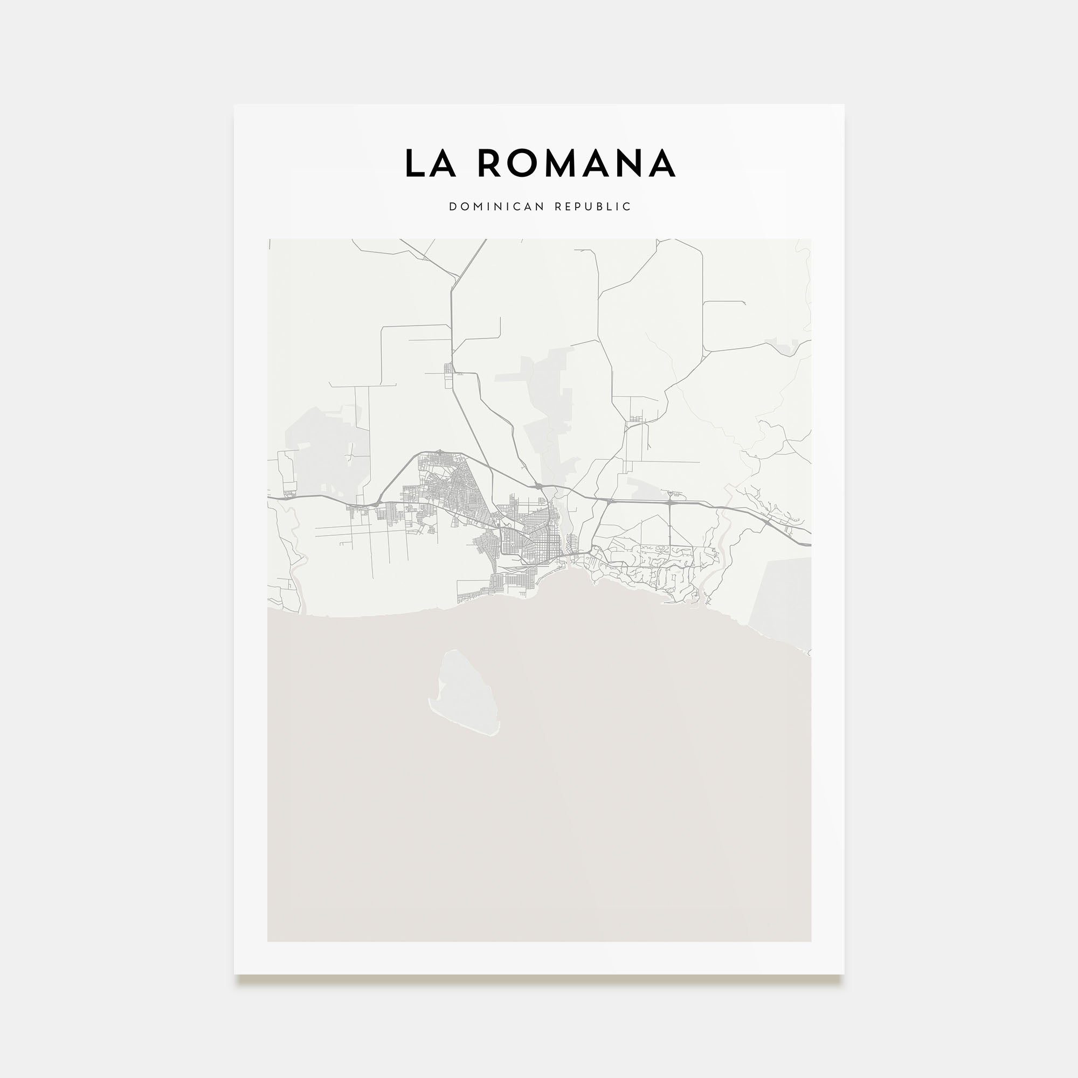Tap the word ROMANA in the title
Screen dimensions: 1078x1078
[x=576, y=163]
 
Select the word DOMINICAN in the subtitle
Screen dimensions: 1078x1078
[x=496, y=207]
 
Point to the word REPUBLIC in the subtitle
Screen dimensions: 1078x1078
[x=592, y=207]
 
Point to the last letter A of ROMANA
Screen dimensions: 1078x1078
[x=662, y=163]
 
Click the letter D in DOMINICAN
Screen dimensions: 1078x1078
[x=453, y=207]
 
